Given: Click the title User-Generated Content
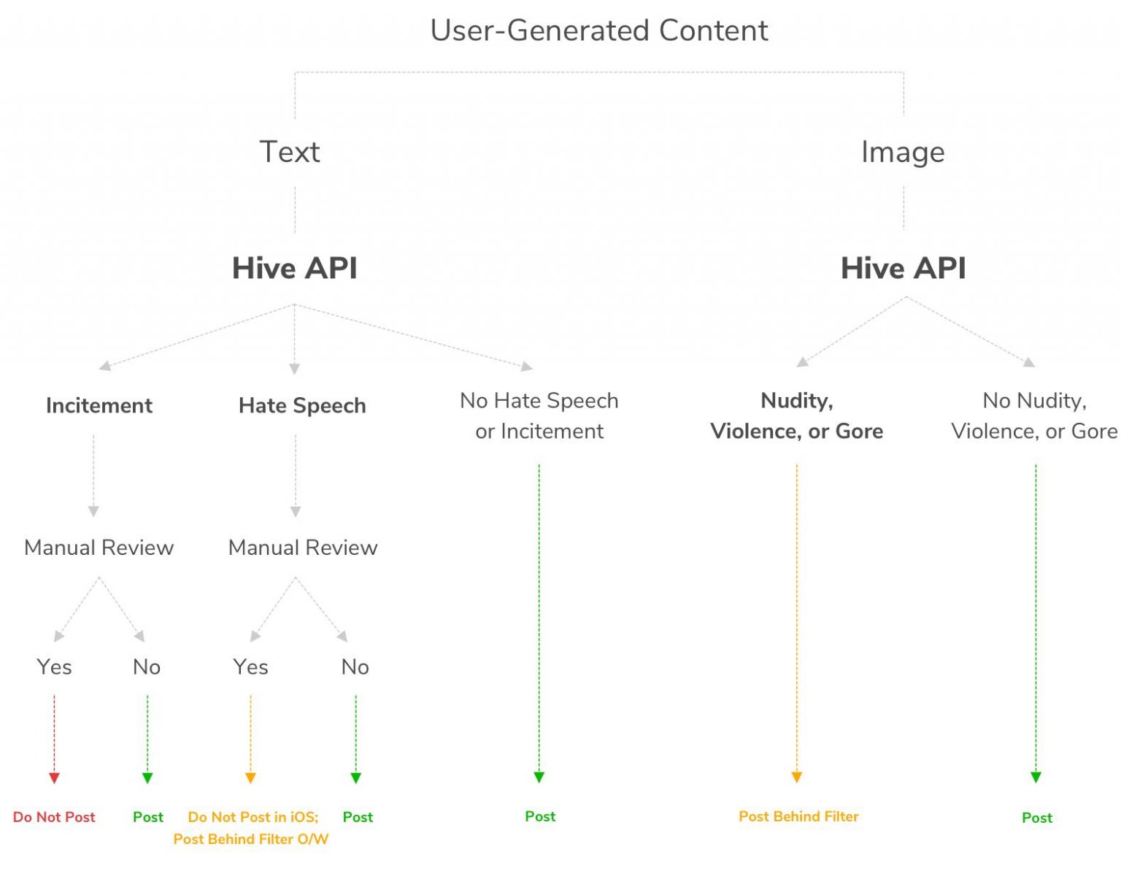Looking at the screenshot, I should [x=598, y=31].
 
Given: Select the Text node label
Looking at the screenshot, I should [x=290, y=152].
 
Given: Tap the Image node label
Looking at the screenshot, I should [x=903, y=152].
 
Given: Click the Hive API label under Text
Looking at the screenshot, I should [x=295, y=268].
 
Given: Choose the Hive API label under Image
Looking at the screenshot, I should [x=903, y=268].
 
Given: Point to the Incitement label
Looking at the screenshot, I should [x=99, y=405].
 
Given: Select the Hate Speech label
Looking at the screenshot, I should [x=302, y=405].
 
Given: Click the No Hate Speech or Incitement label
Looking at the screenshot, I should [x=539, y=415].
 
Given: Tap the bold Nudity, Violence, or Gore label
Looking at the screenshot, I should [x=796, y=415].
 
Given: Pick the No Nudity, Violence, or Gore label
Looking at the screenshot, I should [x=1034, y=415].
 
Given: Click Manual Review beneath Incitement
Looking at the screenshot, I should [x=99, y=548].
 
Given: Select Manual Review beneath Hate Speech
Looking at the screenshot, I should [x=303, y=548].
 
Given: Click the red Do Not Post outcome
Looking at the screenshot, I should [x=54, y=817].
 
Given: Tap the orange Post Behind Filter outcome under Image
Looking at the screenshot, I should [x=798, y=816].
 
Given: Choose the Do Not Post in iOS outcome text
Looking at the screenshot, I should [x=253, y=817].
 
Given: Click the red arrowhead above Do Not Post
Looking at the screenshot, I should [x=54, y=778].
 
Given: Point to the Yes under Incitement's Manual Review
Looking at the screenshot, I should [x=54, y=667].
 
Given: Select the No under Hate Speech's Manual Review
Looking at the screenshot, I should [x=355, y=667].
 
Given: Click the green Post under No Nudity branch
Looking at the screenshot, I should [x=1037, y=818].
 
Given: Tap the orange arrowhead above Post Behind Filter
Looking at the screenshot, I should [x=797, y=777].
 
